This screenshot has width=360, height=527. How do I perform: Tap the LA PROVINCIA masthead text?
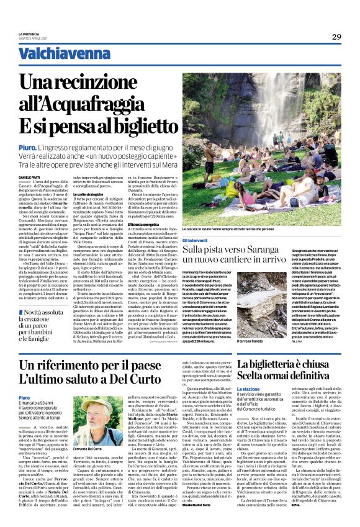pyautogui.click(x=29, y=34)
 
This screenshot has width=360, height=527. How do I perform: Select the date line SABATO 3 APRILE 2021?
pyautogui.click(x=33, y=38)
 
